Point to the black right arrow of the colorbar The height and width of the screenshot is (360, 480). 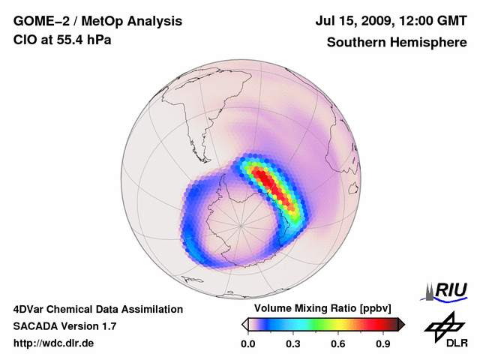click(x=401, y=324)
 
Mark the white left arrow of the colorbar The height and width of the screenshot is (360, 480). click(x=244, y=324)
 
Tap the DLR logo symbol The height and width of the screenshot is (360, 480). click(x=445, y=325)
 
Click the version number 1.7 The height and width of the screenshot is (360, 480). click(x=105, y=326)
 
